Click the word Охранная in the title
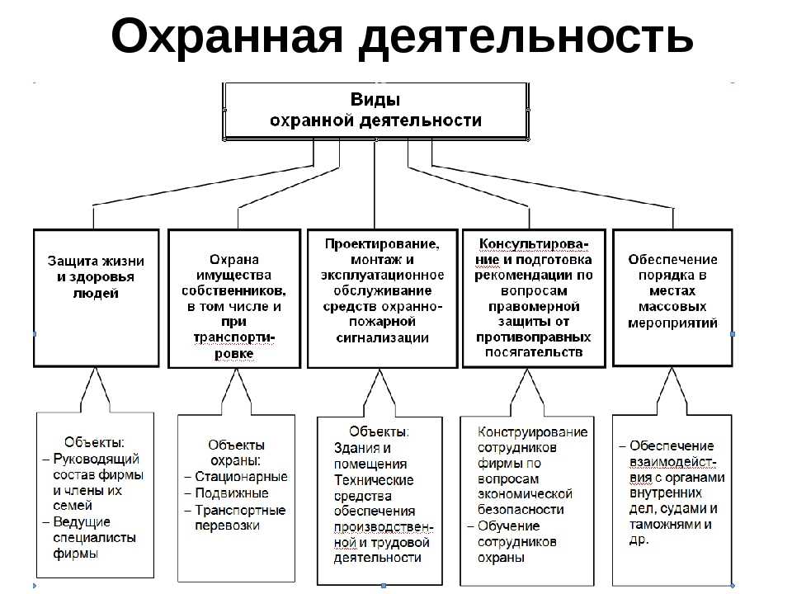pos(227,37)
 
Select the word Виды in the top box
pos(375,99)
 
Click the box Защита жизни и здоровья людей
pos(96,298)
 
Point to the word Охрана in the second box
pos(234,260)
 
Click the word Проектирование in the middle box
pos(382,244)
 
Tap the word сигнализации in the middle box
pos(382,338)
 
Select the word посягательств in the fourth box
pos(534,352)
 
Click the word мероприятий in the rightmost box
pos(673,323)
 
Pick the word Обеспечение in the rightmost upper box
pos(673,260)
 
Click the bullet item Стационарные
pos(241,477)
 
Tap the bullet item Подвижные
pos(232,493)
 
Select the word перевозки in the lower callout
pos(228,526)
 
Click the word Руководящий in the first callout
pos(96,460)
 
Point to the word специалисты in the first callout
pos(94,538)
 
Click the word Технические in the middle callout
pos(374,480)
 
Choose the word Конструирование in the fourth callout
pos(532,432)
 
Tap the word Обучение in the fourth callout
pos(509,526)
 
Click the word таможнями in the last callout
pos(665,525)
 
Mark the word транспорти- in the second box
pos(233,338)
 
